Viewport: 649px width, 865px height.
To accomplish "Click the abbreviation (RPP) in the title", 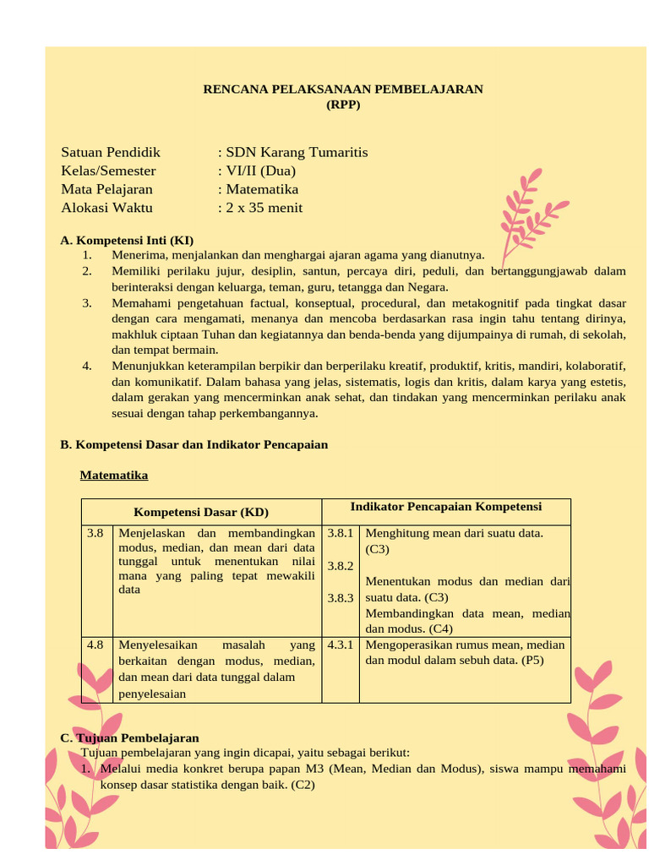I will tap(343, 105).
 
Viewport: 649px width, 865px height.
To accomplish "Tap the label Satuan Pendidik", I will tap(111, 153).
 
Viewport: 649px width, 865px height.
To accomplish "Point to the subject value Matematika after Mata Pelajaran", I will tap(261, 190).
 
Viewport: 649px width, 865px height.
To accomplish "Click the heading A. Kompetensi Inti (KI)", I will tap(127, 241).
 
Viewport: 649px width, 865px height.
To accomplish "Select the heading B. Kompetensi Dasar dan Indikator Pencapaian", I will tap(194, 444).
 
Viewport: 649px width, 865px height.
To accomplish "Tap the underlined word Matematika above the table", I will tap(114, 476).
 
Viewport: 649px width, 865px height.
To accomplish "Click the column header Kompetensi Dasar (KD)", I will tap(201, 512).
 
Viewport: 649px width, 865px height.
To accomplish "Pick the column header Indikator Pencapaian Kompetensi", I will tap(446, 507).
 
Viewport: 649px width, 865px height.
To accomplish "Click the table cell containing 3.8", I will tap(95, 533).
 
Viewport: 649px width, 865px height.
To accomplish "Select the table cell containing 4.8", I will tap(95, 645).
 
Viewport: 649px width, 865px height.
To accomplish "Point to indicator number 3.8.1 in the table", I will tap(340, 533).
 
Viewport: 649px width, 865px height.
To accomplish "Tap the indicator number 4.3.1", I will tap(340, 645).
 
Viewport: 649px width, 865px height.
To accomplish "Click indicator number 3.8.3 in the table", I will tap(340, 598).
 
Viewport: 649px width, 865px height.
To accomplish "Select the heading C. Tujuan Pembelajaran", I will tap(129, 738).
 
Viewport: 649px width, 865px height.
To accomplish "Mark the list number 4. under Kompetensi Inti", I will tap(87, 366).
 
